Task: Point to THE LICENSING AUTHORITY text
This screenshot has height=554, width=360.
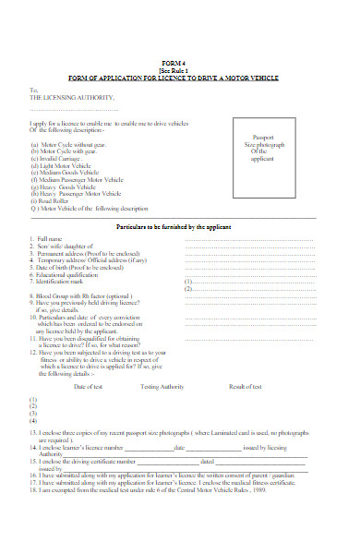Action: (73, 96)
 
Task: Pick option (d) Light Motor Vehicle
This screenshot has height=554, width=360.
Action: (69, 166)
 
